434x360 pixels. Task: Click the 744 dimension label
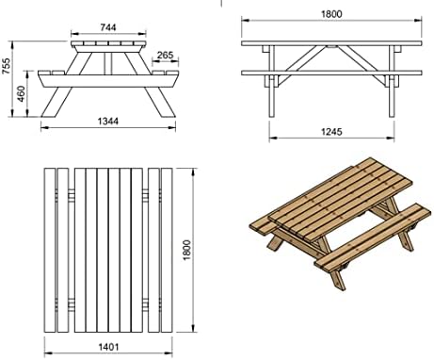click(x=108, y=27)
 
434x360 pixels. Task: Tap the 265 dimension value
click(x=165, y=56)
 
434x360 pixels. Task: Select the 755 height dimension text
click(x=7, y=66)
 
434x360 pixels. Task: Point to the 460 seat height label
click(x=21, y=94)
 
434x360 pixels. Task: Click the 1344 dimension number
click(x=108, y=121)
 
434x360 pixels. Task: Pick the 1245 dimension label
click(x=331, y=132)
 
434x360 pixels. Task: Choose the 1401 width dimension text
click(x=108, y=347)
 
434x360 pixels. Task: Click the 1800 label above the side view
click(x=331, y=14)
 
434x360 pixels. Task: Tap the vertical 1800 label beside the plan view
click(x=186, y=250)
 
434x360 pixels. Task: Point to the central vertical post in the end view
click(x=108, y=63)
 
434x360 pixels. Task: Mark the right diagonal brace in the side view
click(x=362, y=62)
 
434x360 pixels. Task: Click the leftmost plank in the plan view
click(x=50, y=250)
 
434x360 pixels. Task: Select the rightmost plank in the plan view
click(x=167, y=250)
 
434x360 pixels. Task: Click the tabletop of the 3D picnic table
click(x=341, y=200)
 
